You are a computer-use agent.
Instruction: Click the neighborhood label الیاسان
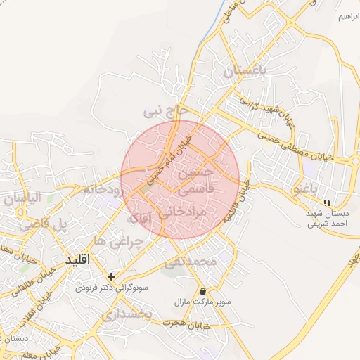[x=22, y=198]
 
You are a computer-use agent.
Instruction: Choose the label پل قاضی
[x=45, y=225]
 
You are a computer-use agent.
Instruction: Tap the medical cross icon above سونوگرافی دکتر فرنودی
[x=111, y=276]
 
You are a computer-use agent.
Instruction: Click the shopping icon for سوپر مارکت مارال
[x=202, y=291]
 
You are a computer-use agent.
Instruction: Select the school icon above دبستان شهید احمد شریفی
[x=326, y=202]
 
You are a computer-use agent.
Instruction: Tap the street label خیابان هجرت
[x=186, y=324]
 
